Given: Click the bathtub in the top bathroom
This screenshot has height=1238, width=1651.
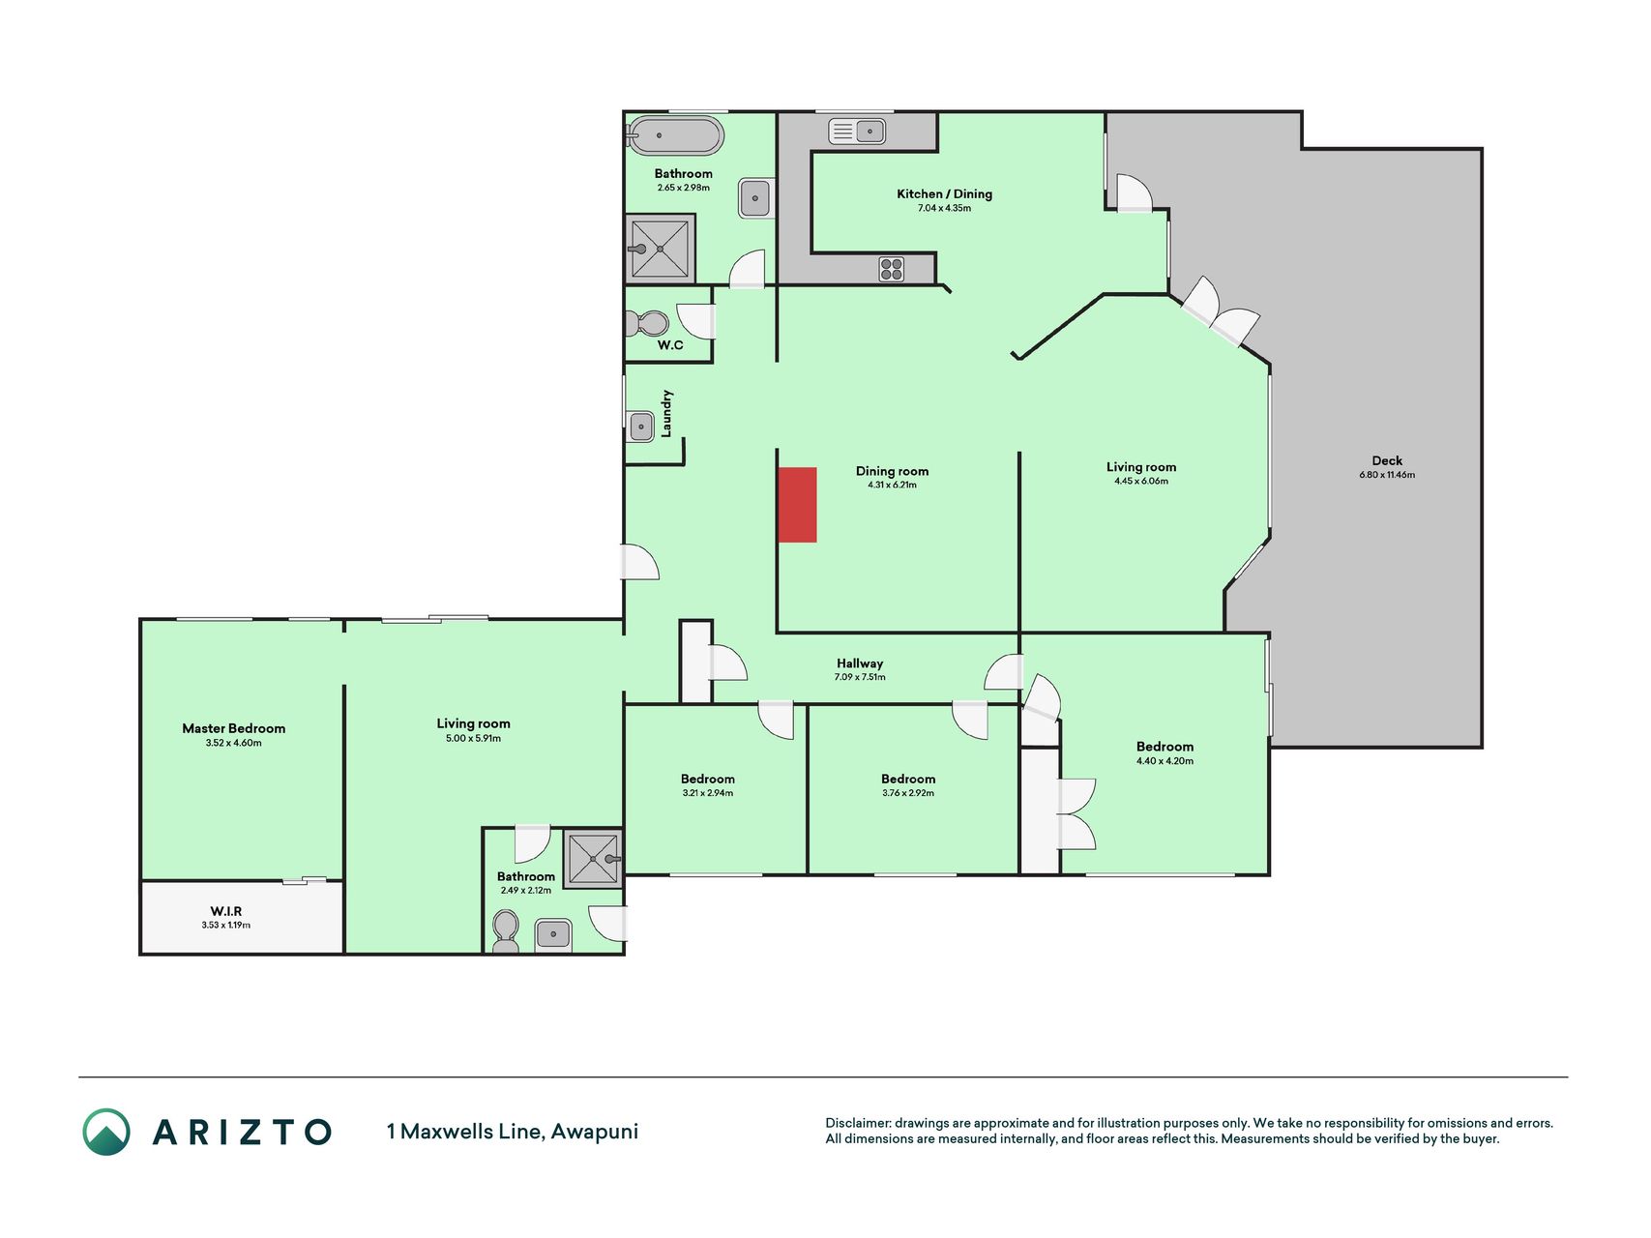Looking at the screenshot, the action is coord(675,136).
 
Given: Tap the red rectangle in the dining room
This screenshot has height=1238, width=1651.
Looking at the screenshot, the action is coord(798,505).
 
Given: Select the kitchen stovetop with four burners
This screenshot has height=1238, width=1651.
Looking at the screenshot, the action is coord(892,269).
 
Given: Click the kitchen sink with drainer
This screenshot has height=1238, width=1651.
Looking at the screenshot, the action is coord(857,132).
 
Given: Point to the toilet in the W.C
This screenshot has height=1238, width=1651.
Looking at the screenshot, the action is coord(647,323).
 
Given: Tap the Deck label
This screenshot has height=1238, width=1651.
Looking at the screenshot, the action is coord(1387,460).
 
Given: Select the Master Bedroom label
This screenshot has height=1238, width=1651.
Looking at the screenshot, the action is coord(234,728).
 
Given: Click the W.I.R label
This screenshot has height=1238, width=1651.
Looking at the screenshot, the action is coord(226,911).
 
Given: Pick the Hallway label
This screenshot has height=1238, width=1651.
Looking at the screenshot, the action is coord(860,663).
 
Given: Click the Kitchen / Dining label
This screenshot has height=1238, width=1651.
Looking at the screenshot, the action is coord(945,193).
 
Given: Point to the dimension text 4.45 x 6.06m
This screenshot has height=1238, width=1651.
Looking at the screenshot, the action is coord(1141,481).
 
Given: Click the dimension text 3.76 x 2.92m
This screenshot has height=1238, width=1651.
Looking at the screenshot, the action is coord(908,793).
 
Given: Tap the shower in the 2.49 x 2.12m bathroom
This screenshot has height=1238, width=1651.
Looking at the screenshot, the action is coord(593,859).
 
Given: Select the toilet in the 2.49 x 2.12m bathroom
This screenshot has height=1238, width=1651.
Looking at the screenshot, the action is coord(506,932).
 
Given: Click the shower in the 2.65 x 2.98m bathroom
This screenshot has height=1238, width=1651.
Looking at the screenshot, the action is coord(660,249).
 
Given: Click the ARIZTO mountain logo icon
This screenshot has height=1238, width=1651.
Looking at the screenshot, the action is coord(106,1132).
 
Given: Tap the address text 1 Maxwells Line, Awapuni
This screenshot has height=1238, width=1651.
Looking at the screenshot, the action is coord(513,1131).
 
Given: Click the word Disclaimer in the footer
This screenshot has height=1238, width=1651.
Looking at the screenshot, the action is coord(858,1123).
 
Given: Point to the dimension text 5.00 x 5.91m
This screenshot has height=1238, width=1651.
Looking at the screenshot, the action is coord(474,738).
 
